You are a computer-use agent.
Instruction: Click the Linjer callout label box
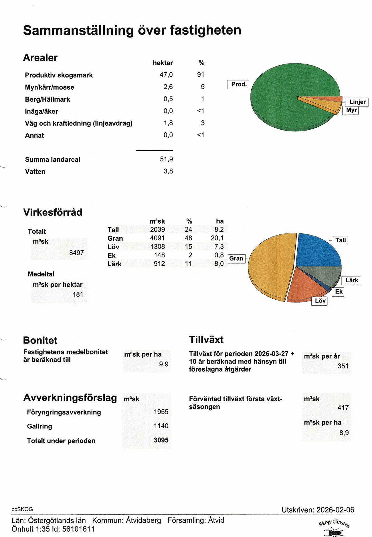(357, 102)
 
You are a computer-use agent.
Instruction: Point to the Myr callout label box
(351, 110)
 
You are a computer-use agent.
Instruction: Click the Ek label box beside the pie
(339, 292)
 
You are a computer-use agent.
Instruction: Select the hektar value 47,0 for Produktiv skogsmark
(166, 75)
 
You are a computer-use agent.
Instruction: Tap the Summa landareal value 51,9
(166, 159)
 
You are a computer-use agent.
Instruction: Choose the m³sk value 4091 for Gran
(157, 238)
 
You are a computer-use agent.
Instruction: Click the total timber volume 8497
(76, 253)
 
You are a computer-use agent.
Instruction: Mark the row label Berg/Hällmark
(48, 99)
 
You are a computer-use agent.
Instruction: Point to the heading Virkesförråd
(53, 212)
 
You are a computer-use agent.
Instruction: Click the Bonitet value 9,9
(164, 364)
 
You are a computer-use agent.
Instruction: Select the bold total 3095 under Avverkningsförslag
(161, 440)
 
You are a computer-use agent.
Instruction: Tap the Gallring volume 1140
(161, 426)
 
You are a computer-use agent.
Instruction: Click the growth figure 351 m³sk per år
(343, 366)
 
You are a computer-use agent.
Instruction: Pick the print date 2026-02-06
(335, 510)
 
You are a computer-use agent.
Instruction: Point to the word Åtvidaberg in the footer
(143, 520)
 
